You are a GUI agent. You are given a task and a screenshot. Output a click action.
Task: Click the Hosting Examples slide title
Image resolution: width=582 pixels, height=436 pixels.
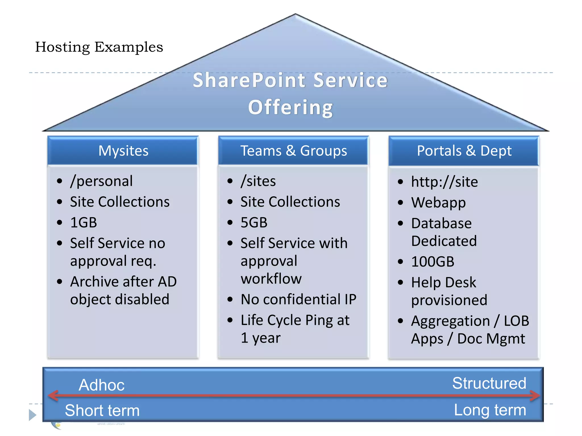point(99,47)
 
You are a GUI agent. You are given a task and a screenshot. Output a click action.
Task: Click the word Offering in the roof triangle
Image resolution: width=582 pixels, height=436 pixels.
point(290,108)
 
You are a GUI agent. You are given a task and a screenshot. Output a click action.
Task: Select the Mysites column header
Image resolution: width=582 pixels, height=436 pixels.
point(123,151)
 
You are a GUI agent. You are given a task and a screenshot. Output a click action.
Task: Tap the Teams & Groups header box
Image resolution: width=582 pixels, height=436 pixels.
point(294,151)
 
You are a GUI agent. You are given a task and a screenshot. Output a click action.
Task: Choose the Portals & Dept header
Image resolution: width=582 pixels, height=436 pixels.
point(464,151)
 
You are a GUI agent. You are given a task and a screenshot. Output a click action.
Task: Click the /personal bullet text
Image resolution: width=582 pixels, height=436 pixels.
point(101,181)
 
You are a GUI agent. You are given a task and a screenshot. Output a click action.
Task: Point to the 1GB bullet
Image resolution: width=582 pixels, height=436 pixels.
point(84,223)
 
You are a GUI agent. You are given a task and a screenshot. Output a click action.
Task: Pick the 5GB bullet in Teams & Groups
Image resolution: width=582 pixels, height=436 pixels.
point(254,223)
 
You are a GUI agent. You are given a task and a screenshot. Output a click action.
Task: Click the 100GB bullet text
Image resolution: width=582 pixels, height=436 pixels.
point(433,262)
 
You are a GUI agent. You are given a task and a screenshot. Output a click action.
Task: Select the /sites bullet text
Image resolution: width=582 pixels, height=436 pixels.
point(258,181)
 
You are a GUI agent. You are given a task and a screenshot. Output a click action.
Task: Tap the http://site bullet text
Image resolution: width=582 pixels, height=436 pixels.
point(444,182)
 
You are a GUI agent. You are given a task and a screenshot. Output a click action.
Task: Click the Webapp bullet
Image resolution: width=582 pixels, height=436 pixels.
point(438,203)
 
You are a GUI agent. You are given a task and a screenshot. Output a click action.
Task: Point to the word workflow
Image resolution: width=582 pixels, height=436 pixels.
point(271,279)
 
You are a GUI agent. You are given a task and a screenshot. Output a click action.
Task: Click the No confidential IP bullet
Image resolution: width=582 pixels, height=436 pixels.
point(298,299)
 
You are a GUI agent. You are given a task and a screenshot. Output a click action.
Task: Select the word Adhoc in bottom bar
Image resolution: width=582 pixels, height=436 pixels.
point(101,385)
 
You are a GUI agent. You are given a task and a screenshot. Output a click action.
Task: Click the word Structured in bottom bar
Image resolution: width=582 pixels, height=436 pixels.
point(489,383)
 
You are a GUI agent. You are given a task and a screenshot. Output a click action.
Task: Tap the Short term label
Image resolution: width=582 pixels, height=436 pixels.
point(102,410)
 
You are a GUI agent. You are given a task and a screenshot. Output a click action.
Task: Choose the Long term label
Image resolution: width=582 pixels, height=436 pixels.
point(490,410)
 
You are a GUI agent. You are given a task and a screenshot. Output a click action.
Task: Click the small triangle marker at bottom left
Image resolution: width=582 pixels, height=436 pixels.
point(32,415)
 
